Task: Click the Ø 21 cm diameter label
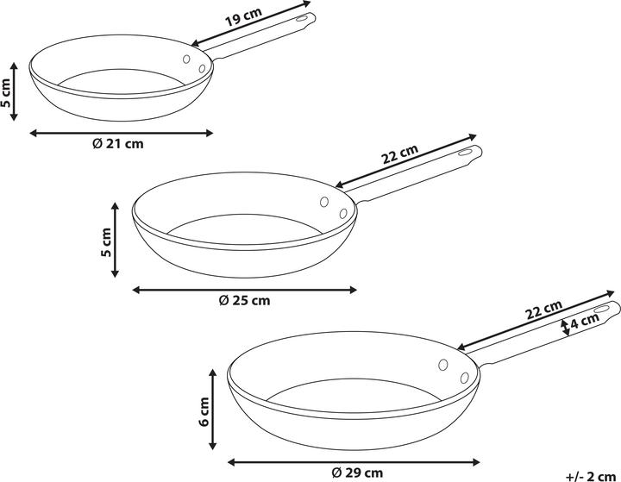coord(118,143)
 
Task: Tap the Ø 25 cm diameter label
coord(244,300)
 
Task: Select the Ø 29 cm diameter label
coord(357,473)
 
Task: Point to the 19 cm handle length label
coord(243,16)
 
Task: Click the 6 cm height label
coord(204,411)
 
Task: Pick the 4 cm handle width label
coord(585,321)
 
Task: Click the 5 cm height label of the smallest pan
coord(5,93)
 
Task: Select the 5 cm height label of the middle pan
coord(106,242)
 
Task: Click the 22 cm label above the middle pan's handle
coord(400,154)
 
